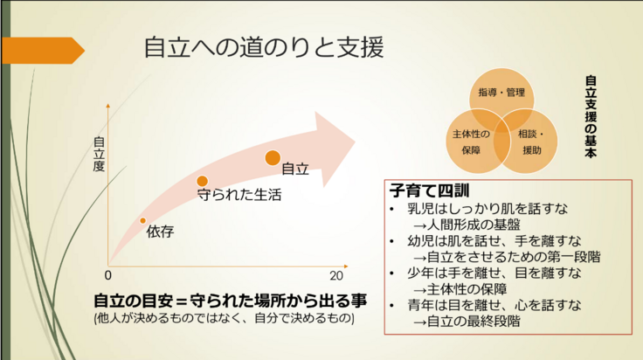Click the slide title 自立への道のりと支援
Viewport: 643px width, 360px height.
(x=263, y=47)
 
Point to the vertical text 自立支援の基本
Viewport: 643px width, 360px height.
(x=591, y=117)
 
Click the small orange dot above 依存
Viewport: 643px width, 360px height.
(x=143, y=220)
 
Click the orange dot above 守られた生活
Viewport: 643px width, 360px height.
(x=202, y=181)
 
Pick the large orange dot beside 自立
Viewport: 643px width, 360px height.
(x=273, y=158)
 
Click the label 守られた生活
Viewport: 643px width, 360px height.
(x=239, y=196)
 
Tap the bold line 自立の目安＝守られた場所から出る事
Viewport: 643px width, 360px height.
(x=230, y=301)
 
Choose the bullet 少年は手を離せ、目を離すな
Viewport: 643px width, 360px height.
(x=494, y=273)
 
